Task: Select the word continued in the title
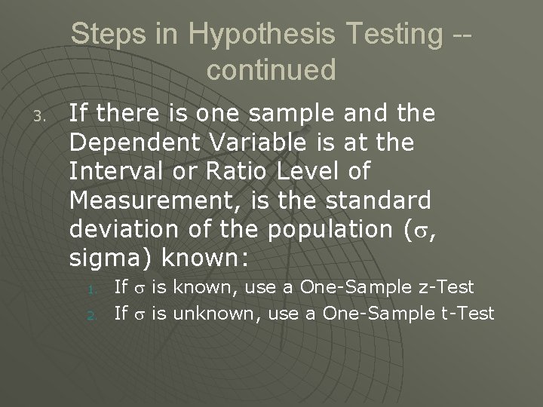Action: point(271,69)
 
